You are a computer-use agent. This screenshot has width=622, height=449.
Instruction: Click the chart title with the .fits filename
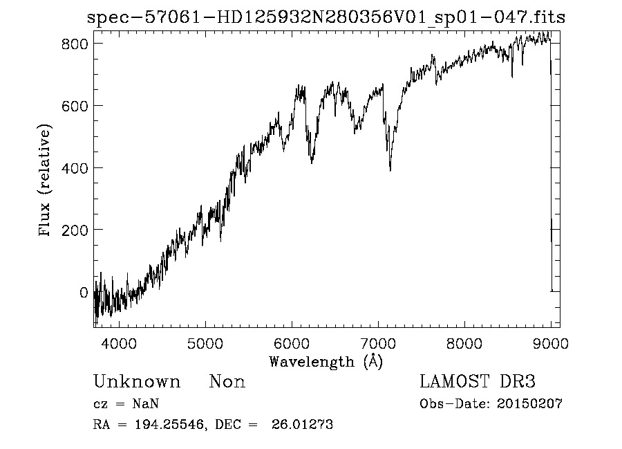click(326, 17)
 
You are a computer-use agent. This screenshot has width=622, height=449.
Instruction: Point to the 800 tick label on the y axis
click(74, 43)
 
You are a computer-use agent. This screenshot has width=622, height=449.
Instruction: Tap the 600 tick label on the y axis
click(74, 105)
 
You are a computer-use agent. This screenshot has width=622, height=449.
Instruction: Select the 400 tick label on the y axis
click(74, 167)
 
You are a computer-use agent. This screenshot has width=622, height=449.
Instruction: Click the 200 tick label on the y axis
click(74, 230)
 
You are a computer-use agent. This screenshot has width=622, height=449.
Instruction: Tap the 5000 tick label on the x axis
click(205, 342)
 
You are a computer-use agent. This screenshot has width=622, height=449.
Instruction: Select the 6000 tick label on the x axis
click(292, 342)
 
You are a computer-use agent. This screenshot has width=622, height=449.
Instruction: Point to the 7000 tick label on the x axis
click(378, 342)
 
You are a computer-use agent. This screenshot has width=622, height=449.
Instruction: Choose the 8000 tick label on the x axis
click(464, 342)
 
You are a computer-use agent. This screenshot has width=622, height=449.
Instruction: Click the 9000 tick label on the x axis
click(551, 342)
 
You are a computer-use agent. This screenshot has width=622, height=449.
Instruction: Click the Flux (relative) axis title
click(46, 181)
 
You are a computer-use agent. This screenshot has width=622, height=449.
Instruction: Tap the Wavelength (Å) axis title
click(326, 361)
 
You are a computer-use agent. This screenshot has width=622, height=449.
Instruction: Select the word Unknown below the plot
click(137, 382)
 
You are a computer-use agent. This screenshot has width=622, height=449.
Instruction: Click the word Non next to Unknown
click(227, 382)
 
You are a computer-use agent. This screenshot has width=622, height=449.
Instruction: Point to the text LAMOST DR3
click(478, 382)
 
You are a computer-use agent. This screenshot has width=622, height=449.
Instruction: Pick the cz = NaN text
click(127, 404)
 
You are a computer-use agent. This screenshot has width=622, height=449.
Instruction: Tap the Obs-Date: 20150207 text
click(491, 404)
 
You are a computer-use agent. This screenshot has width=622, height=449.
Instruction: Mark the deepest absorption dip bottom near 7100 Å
click(390, 169)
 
